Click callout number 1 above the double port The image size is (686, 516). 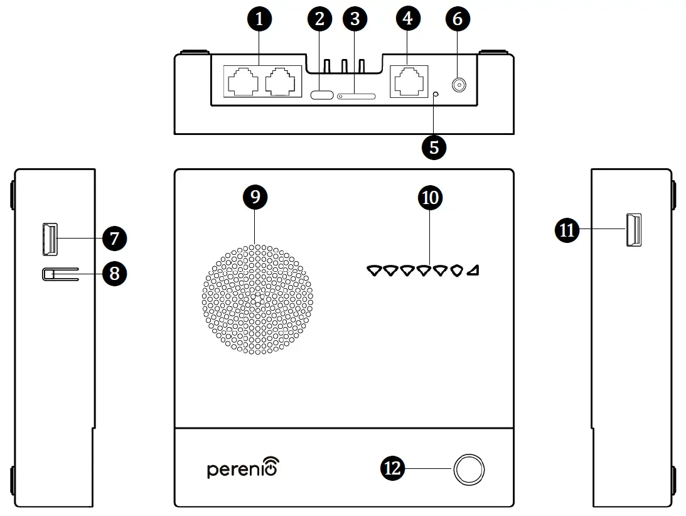(x=260, y=19)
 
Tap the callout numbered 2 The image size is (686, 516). (x=319, y=19)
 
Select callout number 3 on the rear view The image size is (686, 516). (x=355, y=19)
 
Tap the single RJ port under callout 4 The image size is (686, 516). (x=409, y=81)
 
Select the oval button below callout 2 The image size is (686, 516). (x=322, y=95)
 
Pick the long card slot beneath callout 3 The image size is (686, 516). (x=356, y=97)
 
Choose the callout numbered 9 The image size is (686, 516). (x=255, y=197)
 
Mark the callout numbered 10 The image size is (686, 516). (x=430, y=198)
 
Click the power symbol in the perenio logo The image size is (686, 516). (x=271, y=468)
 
